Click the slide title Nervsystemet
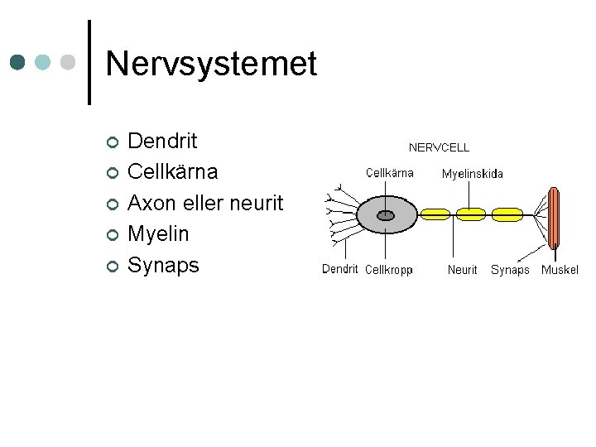click(x=211, y=64)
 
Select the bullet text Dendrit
click(x=162, y=141)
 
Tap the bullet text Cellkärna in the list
click(x=172, y=172)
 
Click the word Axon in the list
click(x=150, y=203)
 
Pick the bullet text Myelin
click(x=158, y=234)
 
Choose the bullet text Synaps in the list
click(x=163, y=265)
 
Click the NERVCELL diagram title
click(x=439, y=147)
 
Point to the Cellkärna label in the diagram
click(x=389, y=173)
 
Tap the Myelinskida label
click(x=472, y=174)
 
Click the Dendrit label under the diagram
click(x=339, y=269)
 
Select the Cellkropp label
click(x=388, y=270)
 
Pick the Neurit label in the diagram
click(x=462, y=270)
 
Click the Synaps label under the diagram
click(x=510, y=270)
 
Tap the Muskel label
click(x=560, y=270)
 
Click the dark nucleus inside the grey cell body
click(x=386, y=215)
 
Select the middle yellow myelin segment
click(x=471, y=214)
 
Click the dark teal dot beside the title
click(x=19, y=63)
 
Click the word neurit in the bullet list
click(x=257, y=203)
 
